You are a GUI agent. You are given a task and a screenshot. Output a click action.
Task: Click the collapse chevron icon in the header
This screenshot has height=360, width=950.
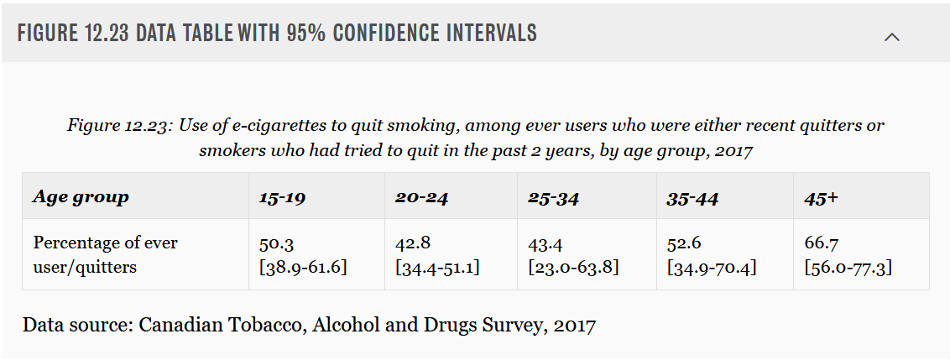pyautogui.click(x=892, y=37)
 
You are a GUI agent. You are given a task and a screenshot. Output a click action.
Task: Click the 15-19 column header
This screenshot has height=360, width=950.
pyautogui.click(x=282, y=198)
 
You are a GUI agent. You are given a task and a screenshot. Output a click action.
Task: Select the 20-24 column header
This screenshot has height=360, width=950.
pyautogui.click(x=420, y=198)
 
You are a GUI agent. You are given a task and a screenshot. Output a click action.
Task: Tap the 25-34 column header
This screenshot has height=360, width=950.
pyautogui.click(x=553, y=198)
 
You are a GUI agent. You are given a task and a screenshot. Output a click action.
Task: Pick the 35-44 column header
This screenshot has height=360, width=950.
pyautogui.click(x=692, y=198)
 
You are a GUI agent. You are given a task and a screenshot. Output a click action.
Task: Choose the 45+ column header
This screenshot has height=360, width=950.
pyautogui.click(x=821, y=198)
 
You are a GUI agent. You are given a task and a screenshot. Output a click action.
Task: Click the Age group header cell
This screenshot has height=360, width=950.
pyautogui.click(x=81, y=197)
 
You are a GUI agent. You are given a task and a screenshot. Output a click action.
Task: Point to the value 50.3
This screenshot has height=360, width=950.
pyautogui.click(x=276, y=243)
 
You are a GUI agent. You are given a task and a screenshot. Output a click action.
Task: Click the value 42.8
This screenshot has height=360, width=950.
pyautogui.click(x=412, y=243)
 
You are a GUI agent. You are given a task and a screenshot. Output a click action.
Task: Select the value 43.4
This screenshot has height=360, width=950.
pyautogui.click(x=545, y=243)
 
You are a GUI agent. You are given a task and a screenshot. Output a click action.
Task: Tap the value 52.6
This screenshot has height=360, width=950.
pyautogui.click(x=684, y=243)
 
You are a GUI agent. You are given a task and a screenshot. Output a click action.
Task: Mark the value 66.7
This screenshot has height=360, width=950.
pyautogui.click(x=820, y=243)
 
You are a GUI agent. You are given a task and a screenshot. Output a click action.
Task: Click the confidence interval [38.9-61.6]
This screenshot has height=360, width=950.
pyautogui.click(x=304, y=268)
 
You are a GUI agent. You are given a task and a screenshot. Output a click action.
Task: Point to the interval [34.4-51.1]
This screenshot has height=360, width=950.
pyautogui.click(x=438, y=268)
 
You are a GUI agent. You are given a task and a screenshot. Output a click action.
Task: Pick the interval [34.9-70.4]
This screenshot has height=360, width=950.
pyautogui.click(x=712, y=268)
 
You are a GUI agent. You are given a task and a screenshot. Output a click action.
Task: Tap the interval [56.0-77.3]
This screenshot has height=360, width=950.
pyautogui.click(x=848, y=268)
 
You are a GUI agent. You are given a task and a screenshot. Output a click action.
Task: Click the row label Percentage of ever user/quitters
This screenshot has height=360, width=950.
pyautogui.click(x=105, y=255)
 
